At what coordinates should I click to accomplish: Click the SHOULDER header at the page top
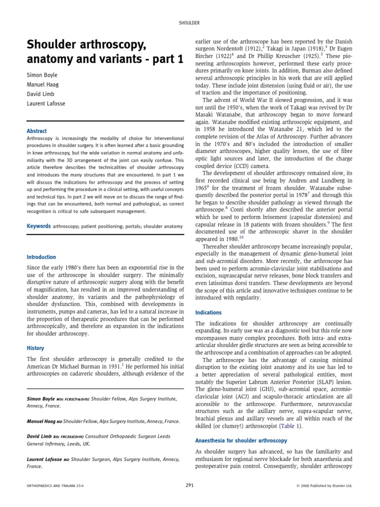(x=190, y=23)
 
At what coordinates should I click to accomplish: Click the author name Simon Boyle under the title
(x=43, y=75)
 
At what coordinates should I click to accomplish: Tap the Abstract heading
(x=37, y=131)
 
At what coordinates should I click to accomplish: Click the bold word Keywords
(x=39, y=226)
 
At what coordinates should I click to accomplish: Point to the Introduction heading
(x=41, y=257)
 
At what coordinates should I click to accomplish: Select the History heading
(x=35, y=349)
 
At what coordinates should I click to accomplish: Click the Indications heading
(x=208, y=313)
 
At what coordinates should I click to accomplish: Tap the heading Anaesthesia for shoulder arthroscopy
(x=241, y=440)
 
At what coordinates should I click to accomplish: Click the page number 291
(x=190, y=486)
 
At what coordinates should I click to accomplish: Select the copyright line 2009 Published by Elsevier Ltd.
(x=327, y=486)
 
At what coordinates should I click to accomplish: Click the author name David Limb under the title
(x=40, y=94)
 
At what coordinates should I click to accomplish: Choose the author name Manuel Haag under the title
(x=42, y=84)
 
